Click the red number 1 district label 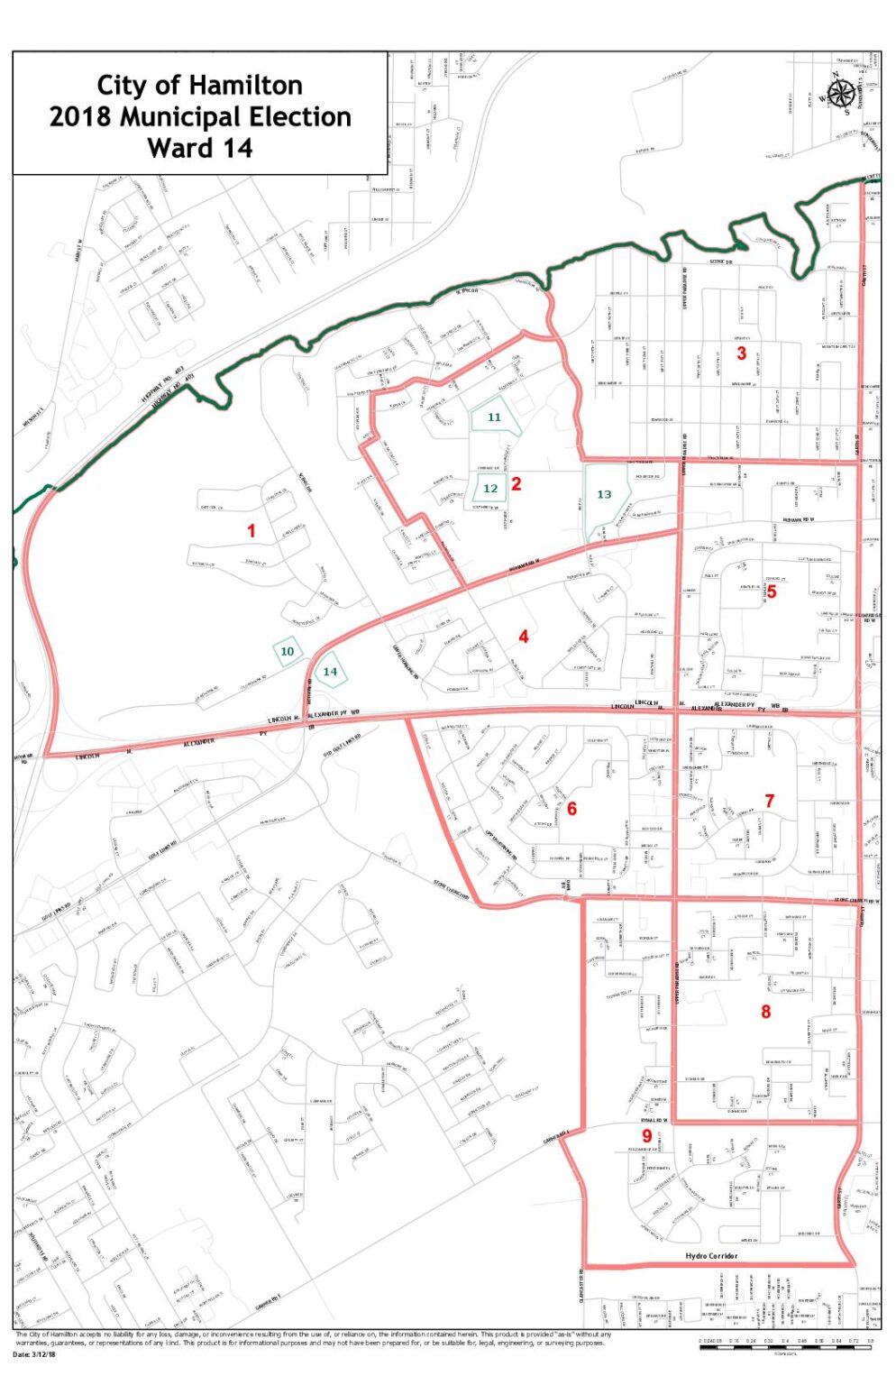tap(251, 531)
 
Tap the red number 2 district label tap(517, 483)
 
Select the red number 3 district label tap(742, 353)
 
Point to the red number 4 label tap(523, 637)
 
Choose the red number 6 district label tap(571, 809)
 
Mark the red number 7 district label tap(770, 801)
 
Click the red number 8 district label tap(766, 1012)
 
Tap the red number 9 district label tap(646, 1136)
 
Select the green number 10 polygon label tap(288, 651)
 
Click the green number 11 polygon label tap(494, 417)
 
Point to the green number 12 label tap(490, 489)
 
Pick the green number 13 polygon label tap(604, 494)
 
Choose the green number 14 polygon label tap(330, 671)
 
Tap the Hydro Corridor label tap(711, 1256)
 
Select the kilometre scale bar tap(787, 1343)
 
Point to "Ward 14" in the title tap(200, 148)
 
